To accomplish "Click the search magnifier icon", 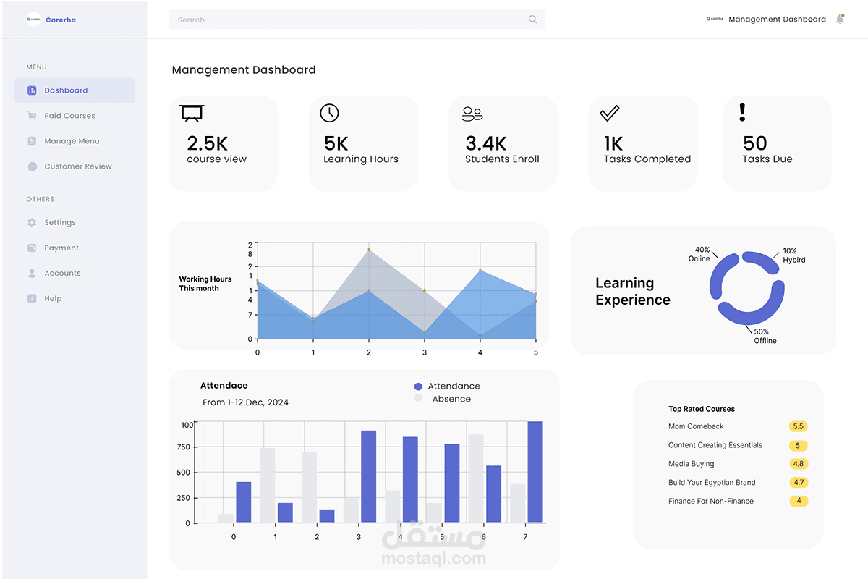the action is pos(533,20).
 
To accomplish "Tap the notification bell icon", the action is pos(840,19).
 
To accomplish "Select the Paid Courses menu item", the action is pos(69,116).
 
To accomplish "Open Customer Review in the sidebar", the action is pos(77,166).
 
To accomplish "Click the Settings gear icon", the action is pos(32,223).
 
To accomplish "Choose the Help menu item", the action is pos(53,299).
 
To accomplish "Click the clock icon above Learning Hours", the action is pos(329,113).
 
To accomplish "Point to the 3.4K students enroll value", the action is pos(486,143).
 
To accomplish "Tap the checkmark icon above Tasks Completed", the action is pos(610,113).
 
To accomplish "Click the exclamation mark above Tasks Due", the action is pos(742,112).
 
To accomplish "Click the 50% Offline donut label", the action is pos(765,337).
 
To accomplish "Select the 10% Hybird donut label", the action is pos(793,255).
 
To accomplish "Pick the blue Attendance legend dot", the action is pos(418,386).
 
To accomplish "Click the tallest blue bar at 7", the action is pos(535,472).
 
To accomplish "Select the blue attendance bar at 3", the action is pos(368,477).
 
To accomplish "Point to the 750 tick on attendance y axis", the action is pos(183,447).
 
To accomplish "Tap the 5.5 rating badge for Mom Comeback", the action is pos(799,426).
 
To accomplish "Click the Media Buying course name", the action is pos(691,464).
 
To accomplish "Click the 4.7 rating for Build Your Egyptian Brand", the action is pos(799,483).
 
